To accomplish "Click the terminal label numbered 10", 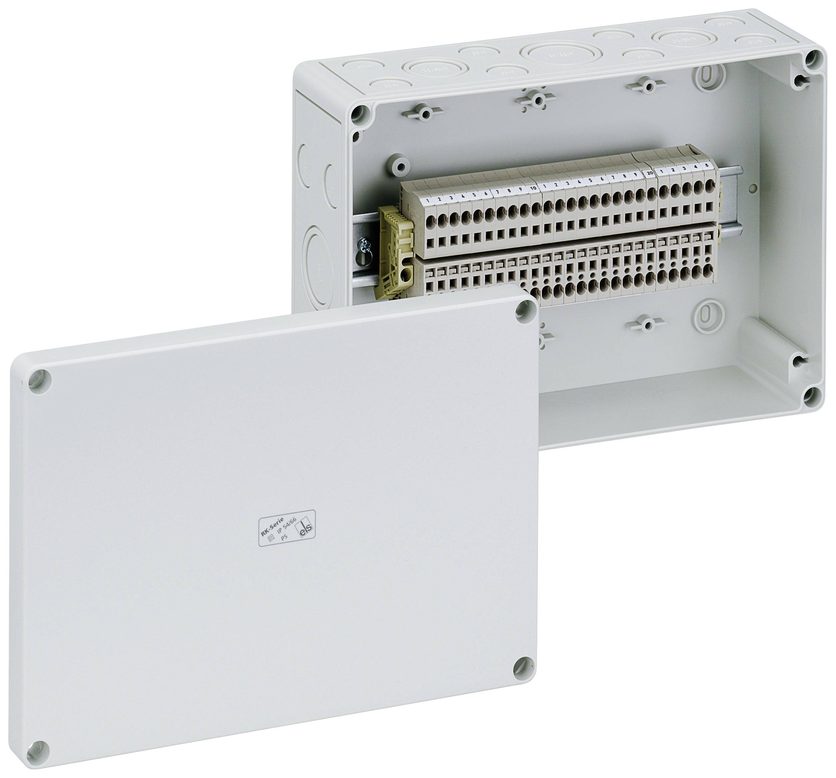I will pos(533,188).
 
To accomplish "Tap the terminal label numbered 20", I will pos(649,173).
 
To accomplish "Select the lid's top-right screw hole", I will pos(524,311).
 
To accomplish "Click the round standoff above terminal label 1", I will pos(398,164).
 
